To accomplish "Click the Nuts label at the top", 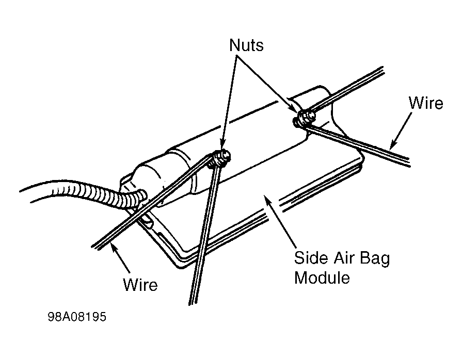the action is click(246, 45).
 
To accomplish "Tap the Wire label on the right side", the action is click(426, 103).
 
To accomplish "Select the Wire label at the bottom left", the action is click(140, 285).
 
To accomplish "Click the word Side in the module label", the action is click(311, 258).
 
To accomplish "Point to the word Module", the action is click(322, 277).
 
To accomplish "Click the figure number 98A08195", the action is click(77, 317).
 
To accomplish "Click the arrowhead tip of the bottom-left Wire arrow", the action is click(111, 244).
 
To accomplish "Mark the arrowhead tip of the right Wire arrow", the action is click(390, 150).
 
